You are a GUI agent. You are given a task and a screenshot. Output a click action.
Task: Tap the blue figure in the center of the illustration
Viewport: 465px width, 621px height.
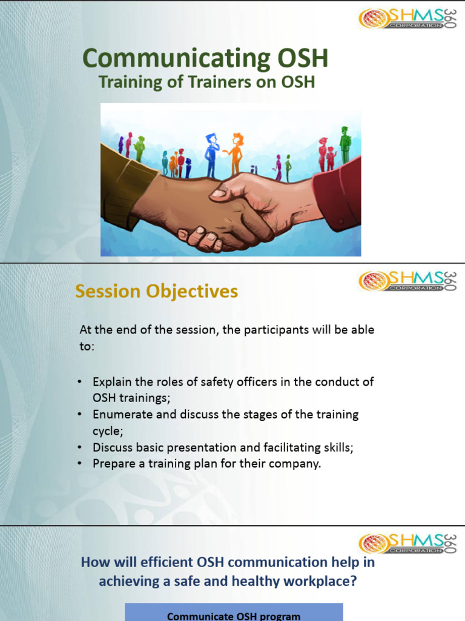(x=210, y=155)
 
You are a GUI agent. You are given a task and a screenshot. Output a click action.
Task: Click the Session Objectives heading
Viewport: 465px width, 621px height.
(x=156, y=292)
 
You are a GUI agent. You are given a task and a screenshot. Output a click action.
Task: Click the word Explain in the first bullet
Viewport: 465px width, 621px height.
(x=111, y=382)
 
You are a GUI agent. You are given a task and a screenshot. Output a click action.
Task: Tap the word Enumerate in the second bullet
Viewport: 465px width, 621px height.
(x=118, y=415)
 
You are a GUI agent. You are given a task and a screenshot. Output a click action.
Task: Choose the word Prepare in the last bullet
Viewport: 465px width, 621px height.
(x=112, y=464)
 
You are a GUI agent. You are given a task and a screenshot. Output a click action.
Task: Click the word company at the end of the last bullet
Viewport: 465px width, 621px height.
(x=298, y=464)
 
